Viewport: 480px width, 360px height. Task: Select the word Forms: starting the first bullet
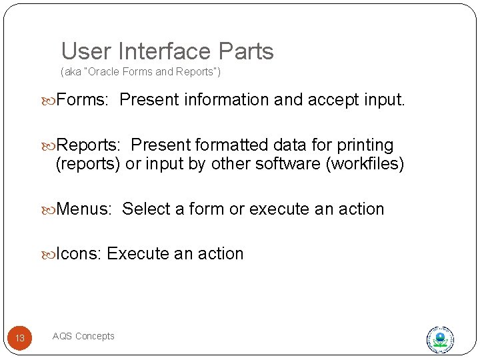[x=82, y=100]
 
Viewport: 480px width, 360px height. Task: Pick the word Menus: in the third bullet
[x=83, y=209]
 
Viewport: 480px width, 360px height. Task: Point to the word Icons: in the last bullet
[x=79, y=254]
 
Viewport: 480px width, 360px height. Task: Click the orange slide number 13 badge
[x=20, y=338]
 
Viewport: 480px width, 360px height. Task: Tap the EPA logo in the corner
[x=440, y=339]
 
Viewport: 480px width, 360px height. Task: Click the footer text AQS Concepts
[x=83, y=336]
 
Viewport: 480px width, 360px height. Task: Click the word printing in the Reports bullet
[x=365, y=145]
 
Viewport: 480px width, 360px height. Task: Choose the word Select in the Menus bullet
[x=146, y=209]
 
